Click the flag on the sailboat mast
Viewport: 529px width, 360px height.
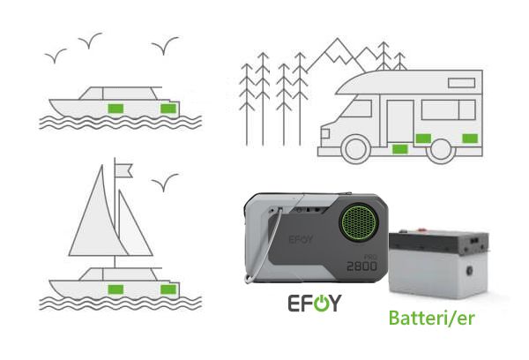coord(123,170)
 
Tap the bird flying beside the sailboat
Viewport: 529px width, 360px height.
coord(165,183)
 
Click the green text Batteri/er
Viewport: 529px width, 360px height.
coord(431,318)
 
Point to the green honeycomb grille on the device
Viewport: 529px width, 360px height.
coord(358,222)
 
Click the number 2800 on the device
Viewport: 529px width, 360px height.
coord(361,266)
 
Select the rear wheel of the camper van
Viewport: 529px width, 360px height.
coord(441,150)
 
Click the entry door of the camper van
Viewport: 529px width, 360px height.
coord(400,121)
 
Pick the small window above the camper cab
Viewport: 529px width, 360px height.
coord(461,83)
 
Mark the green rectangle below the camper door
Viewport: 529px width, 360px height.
coord(400,149)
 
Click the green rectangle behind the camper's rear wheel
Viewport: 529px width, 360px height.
coord(470,139)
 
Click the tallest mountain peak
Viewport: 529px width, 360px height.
coord(337,41)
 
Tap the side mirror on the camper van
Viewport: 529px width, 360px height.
coord(324,133)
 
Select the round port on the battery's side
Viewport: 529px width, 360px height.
coord(469,271)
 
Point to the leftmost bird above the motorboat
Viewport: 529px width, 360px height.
coord(56,56)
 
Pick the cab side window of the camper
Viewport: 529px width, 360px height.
coord(358,109)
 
